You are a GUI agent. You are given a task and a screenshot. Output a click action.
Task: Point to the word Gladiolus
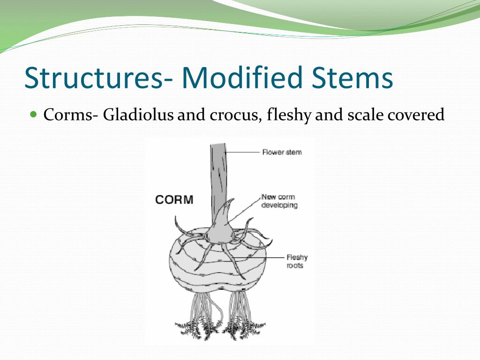pyautogui.click(x=139, y=115)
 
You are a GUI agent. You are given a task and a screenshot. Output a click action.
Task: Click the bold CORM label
pyautogui.click(x=174, y=200)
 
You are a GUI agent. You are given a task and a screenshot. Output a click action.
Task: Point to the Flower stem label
pyautogui.click(x=282, y=152)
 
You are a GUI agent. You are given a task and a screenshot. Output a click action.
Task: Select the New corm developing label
pyautogui.click(x=279, y=201)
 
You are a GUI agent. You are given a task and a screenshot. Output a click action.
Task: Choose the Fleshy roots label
pyautogui.click(x=297, y=262)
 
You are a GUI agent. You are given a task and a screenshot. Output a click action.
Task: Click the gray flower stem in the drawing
pyautogui.click(x=218, y=173)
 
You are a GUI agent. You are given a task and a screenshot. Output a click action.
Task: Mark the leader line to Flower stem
pyautogui.click(x=243, y=152)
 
